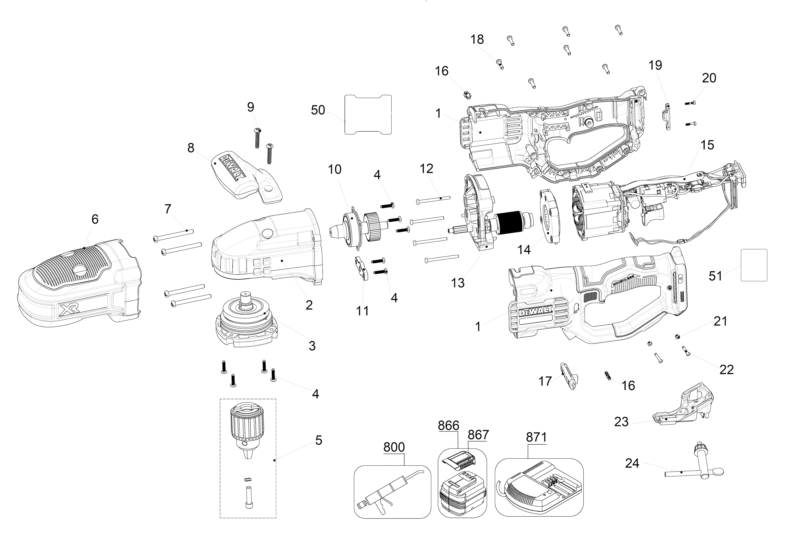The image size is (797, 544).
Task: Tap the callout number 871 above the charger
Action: (x=536, y=437)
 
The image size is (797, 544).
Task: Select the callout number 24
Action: (x=632, y=463)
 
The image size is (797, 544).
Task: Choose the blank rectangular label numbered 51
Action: (x=754, y=265)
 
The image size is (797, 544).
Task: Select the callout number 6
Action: (x=95, y=219)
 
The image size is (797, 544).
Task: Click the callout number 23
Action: (x=621, y=422)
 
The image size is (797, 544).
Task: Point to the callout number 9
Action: (x=251, y=107)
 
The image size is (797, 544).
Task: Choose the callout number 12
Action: (x=426, y=169)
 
